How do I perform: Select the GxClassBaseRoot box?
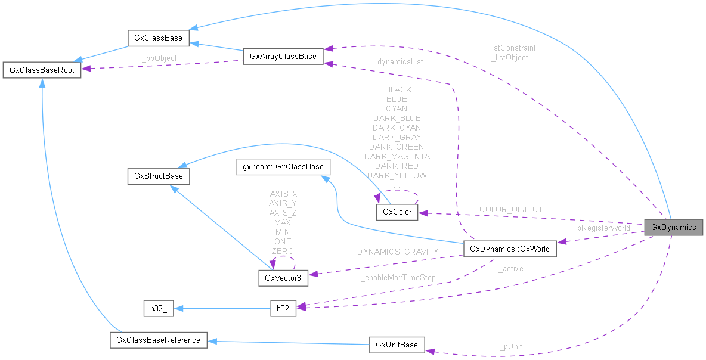coord(42,70)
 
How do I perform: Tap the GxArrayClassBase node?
coord(283,57)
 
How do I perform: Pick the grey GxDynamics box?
coord(673,227)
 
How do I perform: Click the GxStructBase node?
coord(158,176)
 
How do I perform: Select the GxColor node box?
coord(394,212)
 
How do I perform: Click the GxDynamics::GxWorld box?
coord(510,249)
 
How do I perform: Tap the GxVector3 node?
coord(283,277)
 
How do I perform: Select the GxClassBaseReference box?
coord(158,340)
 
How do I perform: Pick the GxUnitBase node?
coord(397,345)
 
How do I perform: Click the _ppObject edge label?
coord(159,58)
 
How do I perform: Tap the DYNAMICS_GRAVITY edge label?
coord(398,252)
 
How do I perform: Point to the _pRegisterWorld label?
coord(601,228)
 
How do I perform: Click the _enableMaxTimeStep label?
coord(398,277)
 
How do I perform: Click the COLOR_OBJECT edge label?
coord(511,209)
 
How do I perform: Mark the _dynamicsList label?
coord(398,61)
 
